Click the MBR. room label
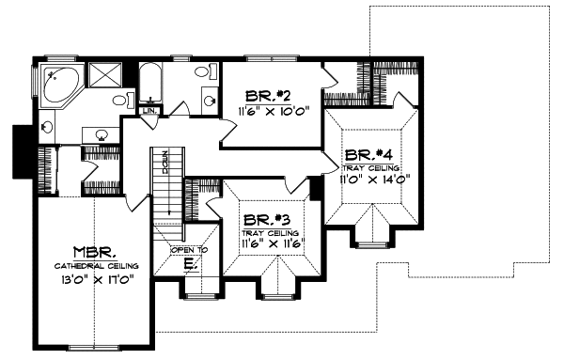click(x=94, y=252)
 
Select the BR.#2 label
click(x=260, y=96)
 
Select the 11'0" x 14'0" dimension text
click(x=373, y=179)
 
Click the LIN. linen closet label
click(x=149, y=112)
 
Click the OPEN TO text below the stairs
click(x=188, y=250)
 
